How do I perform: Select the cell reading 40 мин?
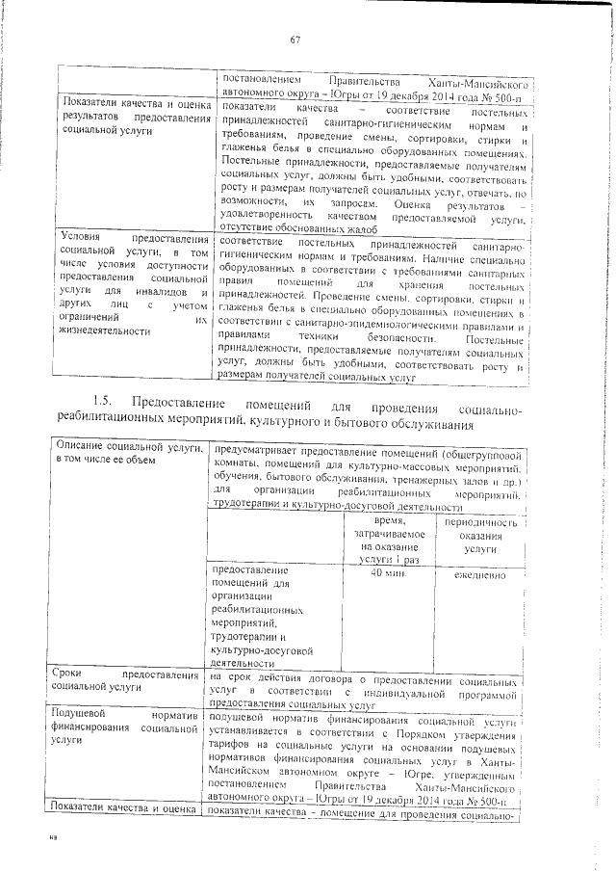click(387, 573)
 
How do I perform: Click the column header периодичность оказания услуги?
click(479, 534)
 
